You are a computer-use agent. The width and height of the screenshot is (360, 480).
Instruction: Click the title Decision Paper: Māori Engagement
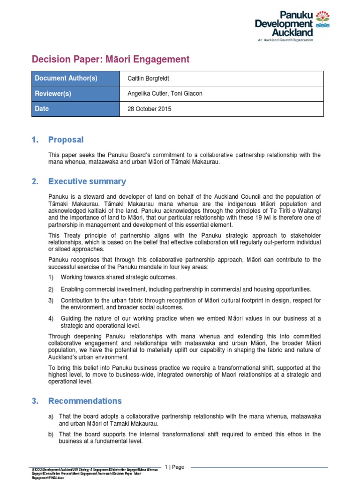coord(110,59)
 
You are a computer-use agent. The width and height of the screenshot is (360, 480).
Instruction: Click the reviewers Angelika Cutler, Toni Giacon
coord(165,94)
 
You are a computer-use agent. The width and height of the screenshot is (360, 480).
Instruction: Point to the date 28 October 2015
coord(150,109)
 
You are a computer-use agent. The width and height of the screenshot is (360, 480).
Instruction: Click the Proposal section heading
coord(66,140)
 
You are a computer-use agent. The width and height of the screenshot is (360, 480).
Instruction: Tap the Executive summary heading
coord(87,181)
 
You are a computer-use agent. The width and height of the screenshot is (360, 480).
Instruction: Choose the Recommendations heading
coord(85,401)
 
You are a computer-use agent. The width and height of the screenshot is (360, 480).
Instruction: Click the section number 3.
coord(34,401)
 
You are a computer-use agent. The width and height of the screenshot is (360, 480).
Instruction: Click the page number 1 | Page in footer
coord(175,467)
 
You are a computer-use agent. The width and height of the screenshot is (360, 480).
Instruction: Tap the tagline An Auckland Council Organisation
coord(285,40)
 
